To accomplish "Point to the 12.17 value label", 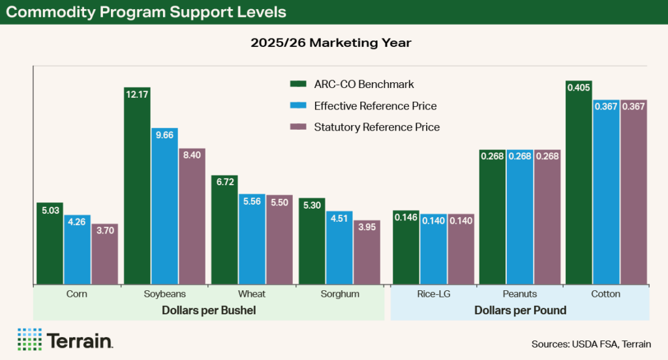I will pyautogui.click(x=137, y=93).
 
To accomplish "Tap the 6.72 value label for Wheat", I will pyautogui.click(x=224, y=181).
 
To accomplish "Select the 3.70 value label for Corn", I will pyautogui.click(x=104, y=230).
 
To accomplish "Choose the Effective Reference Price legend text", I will pyautogui.click(x=375, y=106).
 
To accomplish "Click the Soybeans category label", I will pyautogui.click(x=165, y=294).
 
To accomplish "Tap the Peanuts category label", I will pyautogui.click(x=520, y=294).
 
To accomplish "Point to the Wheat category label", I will pyautogui.click(x=252, y=294).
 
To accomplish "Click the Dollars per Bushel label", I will pyautogui.click(x=209, y=311).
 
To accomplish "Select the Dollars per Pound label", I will pyautogui.click(x=520, y=311).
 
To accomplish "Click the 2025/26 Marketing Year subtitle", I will pyautogui.click(x=333, y=44).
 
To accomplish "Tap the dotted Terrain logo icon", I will pyautogui.click(x=29, y=339).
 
